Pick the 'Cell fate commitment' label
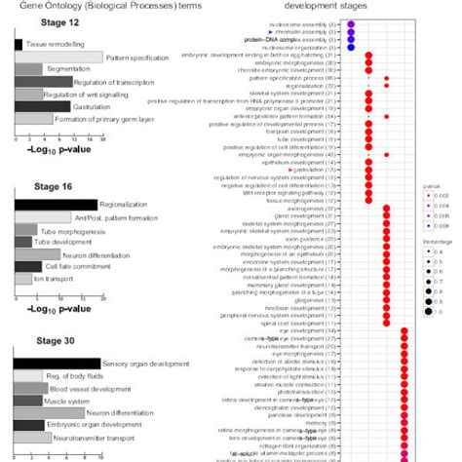pyautogui.click(x=74, y=265)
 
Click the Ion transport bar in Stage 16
pyautogui.click(x=23, y=278)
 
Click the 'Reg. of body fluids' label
pyautogui.click(x=78, y=376)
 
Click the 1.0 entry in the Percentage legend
pyautogui.click(x=429, y=312)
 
